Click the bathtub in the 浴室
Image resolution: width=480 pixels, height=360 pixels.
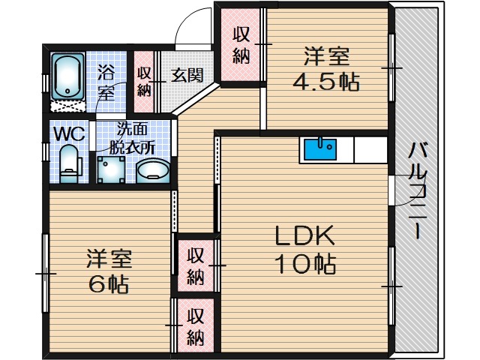pos(67,76)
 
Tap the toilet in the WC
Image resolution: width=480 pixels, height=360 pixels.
pos(70,164)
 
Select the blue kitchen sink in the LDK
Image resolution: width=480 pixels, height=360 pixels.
pos(320,149)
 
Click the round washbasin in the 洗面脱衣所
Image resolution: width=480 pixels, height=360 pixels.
pos(153,171)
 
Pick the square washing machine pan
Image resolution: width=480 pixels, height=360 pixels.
pos(111,170)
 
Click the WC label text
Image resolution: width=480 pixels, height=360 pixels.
pos(69,133)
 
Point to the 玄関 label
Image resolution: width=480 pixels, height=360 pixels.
pos(187,75)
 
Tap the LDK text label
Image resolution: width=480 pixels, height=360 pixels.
pos(304,235)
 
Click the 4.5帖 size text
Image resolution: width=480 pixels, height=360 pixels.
pos(326,82)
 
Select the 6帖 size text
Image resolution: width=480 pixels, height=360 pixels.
pos(108,284)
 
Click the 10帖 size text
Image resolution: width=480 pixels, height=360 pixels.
pos(305,263)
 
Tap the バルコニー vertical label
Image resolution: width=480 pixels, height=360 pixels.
pos(417,190)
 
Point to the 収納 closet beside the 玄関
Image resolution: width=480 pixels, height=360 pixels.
pos(144,82)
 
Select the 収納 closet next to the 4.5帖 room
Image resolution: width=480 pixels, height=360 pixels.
pos(241,45)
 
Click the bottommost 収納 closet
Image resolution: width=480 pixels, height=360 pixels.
pos(195,325)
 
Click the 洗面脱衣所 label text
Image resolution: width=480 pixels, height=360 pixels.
pos(132,139)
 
